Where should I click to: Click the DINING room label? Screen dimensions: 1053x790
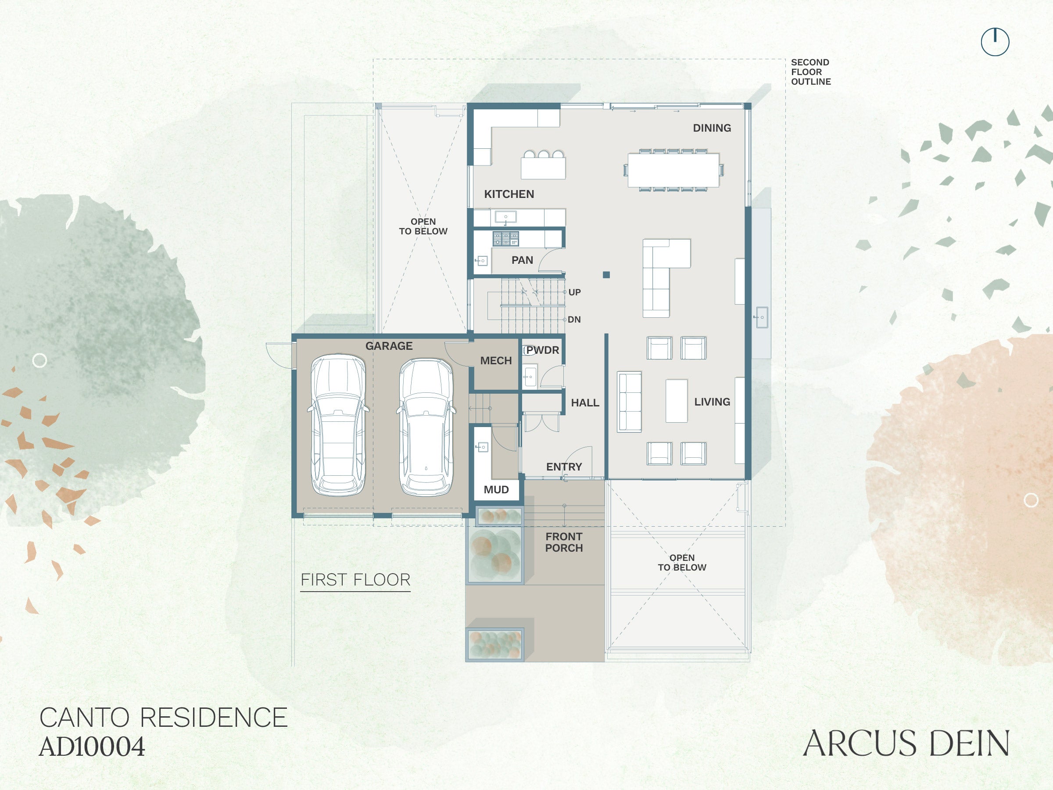tap(712, 128)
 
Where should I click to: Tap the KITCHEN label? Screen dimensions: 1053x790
tap(509, 194)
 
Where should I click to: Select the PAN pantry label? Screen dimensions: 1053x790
tap(522, 260)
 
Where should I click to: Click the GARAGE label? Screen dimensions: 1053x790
tap(389, 346)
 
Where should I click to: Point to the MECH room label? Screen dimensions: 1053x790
tap(495, 361)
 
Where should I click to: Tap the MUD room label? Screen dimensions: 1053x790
tap(496, 489)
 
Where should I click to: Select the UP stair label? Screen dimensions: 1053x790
tap(575, 292)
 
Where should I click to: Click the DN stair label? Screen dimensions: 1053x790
tap(574, 320)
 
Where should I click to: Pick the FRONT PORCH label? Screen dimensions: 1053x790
tap(564, 542)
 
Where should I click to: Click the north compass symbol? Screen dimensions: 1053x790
tap(995, 42)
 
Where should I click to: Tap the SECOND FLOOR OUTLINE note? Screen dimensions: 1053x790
tap(811, 72)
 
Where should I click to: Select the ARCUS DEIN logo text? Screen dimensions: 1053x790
tap(906, 743)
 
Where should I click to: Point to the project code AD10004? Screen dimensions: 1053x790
tap(92, 747)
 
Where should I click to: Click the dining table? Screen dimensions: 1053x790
tap(673, 170)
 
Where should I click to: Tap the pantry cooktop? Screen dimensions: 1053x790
tap(505, 239)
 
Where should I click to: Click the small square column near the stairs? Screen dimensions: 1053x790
tap(606, 275)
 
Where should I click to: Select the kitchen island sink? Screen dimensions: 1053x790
tap(505, 217)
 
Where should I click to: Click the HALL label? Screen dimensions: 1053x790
tap(585, 403)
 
